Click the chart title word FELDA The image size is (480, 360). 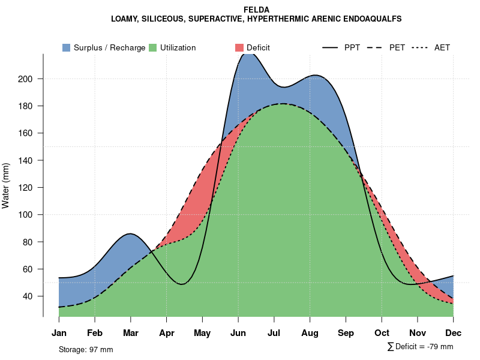click(256, 10)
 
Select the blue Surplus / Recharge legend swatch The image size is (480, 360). click(66, 47)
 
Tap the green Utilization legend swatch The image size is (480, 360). click(153, 47)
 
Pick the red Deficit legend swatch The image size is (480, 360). click(239, 47)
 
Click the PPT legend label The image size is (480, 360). click(352, 47)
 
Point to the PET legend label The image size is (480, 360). click(397, 47)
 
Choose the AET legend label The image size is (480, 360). click(442, 47)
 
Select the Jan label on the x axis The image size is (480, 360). click(59, 333)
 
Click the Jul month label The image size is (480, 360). click(274, 333)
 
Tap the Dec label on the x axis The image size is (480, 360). click(453, 333)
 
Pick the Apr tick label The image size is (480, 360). click(167, 333)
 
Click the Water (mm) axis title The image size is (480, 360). click(6, 186)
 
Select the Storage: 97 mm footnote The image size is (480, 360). click(86, 350)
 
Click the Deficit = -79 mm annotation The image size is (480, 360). click(424, 347)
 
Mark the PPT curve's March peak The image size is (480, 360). click(130, 233)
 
